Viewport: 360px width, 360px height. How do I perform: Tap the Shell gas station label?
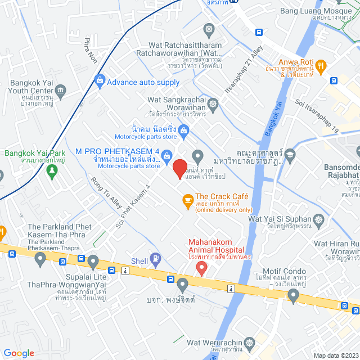pos(139,261)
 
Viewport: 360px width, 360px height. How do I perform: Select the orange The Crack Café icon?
pos(187,201)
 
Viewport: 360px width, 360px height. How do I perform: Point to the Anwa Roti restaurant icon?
pos(321,66)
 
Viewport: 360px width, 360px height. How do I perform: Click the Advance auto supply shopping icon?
pos(100,82)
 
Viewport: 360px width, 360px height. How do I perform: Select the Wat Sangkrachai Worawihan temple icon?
pos(213,104)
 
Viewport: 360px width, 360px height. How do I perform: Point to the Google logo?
pos(19,353)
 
